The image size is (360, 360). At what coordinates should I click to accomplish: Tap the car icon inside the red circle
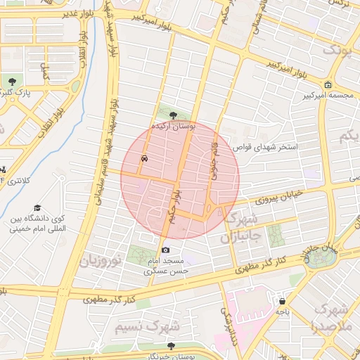(x=144, y=158)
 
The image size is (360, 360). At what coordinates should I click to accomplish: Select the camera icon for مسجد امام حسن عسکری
(x=166, y=250)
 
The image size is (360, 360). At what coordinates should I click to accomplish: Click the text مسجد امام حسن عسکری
(x=167, y=265)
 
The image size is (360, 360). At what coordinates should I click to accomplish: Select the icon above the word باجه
(x=282, y=300)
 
